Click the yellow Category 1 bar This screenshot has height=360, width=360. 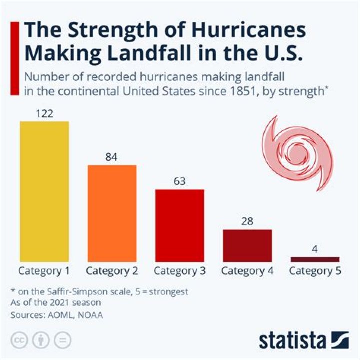pos(44,191)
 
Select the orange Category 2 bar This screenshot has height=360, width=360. pos(112,213)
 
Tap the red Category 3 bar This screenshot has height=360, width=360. pos(180,225)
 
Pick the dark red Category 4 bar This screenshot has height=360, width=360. pos(247,245)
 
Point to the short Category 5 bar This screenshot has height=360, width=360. pos(315,259)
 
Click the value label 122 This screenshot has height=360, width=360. pos(44,113)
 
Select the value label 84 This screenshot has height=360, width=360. pos(112,157)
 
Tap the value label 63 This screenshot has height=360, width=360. pos(180,181)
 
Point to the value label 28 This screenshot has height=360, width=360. pos(247,221)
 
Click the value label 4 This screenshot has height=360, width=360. pos(315,249)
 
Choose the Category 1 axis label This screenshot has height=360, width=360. pos(44,271)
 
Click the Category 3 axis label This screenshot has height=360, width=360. pos(180,271)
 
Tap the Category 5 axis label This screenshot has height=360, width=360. pos(315,271)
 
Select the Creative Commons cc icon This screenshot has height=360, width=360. pos(19,340)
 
